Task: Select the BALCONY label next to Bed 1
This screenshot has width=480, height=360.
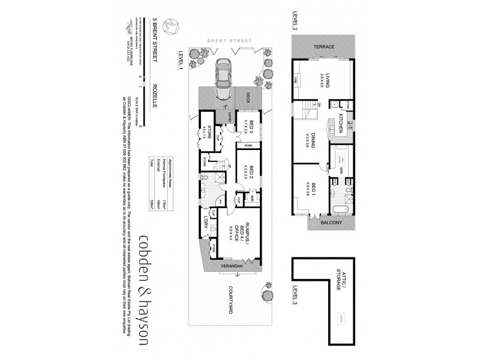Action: [331, 223]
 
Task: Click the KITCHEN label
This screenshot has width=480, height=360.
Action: [340, 121]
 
